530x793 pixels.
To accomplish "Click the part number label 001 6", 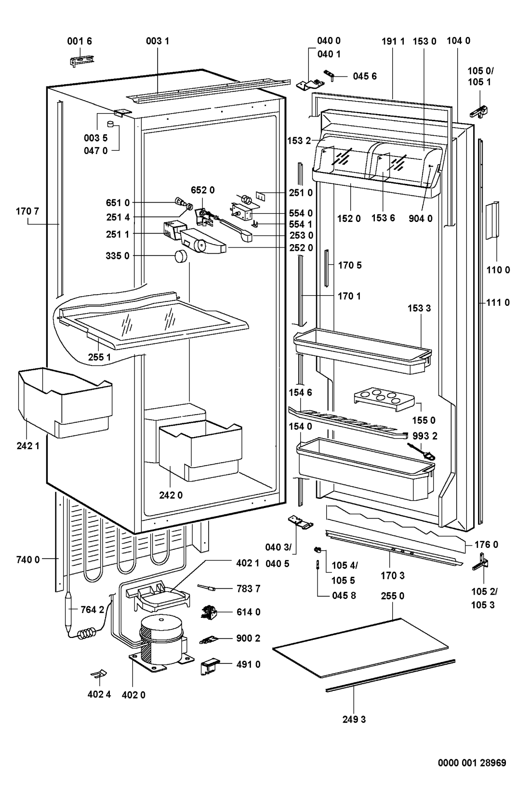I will tap(79, 41).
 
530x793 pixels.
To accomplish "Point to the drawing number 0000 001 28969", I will tap(472, 763).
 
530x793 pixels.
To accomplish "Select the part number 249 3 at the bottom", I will tap(354, 719).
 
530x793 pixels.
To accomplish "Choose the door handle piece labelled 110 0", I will tap(492, 221).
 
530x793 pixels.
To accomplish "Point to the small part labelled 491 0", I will tap(208, 667).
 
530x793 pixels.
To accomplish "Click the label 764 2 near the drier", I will tap(92, 610).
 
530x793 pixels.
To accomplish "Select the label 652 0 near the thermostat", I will tap(202, 190).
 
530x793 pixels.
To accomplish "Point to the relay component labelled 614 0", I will tap(209, 612).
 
